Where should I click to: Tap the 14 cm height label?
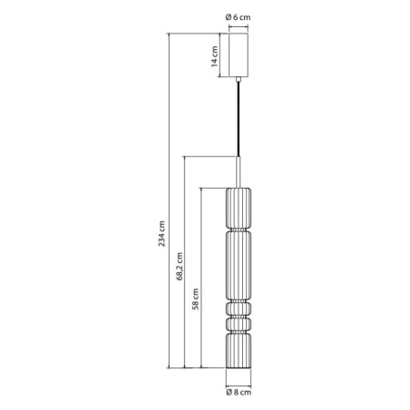coord(215,58)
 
